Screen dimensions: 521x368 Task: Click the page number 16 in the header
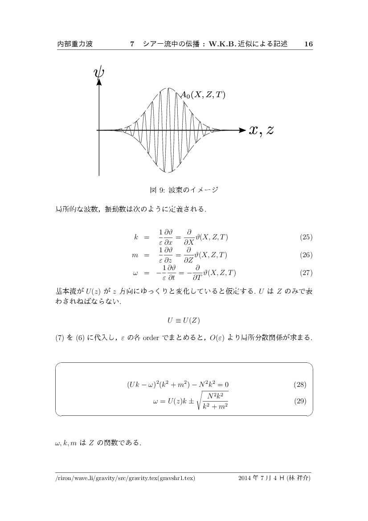tap(308, 44)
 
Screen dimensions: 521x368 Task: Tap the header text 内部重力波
tap(75, 44)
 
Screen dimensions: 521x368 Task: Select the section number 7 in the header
tap(132, 44)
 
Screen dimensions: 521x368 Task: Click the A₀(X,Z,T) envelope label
tap(203, 94)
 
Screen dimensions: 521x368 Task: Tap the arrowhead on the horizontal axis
tap(242, 130)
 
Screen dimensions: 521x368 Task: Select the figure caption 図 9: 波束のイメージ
tap(184, 190)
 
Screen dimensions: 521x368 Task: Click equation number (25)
tap(306, 237)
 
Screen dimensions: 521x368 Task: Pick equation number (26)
tap(306, 255)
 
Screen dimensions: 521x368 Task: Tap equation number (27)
tap(306, 273)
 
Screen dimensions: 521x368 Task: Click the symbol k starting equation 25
tap(135, 237)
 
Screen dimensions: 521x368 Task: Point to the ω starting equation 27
tap(135, 273)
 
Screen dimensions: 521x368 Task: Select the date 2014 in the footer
tap(245, 479)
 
